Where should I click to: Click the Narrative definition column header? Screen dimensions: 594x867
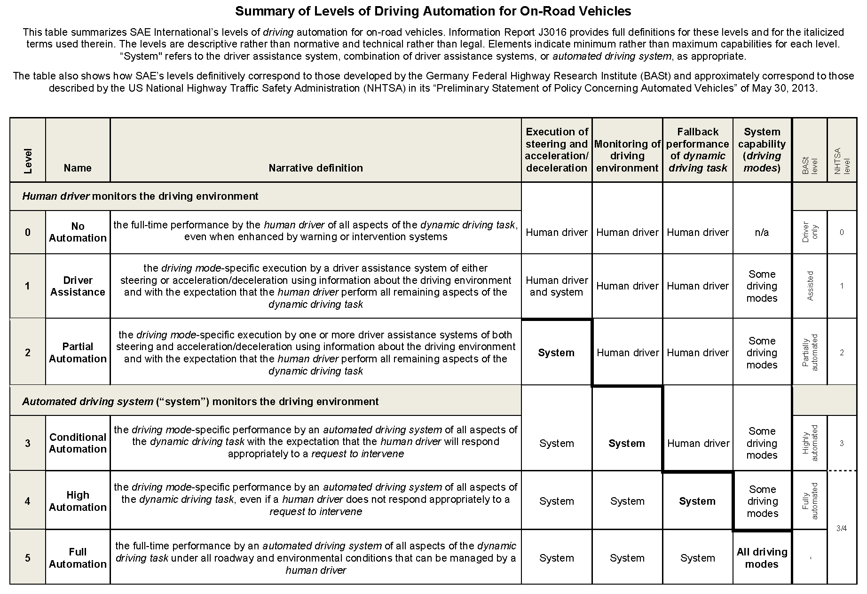coord(315,168)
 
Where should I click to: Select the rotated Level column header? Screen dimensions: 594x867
coord(28,161)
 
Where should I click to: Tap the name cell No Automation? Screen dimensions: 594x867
coord(78,232)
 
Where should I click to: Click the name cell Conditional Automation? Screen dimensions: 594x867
coord(78,443)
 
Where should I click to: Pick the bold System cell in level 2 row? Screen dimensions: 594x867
coord(556,353)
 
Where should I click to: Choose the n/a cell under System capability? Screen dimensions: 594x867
coord(762,232)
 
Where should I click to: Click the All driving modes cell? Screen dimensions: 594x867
coord(762,558)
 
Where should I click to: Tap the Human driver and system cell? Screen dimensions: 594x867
coord(557,286)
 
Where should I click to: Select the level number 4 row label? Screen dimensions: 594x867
coord(28,501)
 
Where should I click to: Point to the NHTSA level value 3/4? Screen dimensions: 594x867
coord(842,528)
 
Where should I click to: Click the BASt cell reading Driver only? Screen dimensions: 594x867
coord(810,232)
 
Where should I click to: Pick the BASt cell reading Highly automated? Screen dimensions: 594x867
coord(810,443)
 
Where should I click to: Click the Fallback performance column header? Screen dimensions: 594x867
coord(698,150)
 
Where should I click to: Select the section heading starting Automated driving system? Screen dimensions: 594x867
coord(200,401)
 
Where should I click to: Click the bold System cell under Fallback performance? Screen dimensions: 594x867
coord(697,501)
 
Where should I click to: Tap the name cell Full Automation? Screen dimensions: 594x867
coord(78,558)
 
